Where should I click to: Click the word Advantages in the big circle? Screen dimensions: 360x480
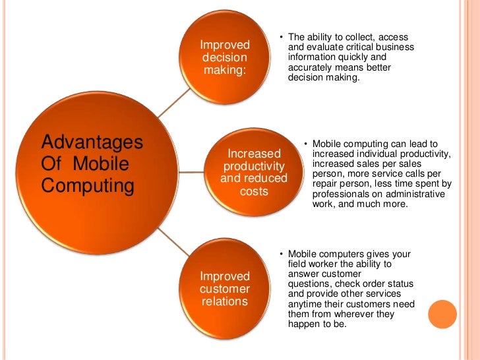pyautogui.click(x=92, y=142)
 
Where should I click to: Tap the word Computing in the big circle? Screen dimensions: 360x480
pyautogui.click(x=87, y=186)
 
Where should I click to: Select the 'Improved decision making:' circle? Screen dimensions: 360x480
pyautogui.click(x=225, y=58)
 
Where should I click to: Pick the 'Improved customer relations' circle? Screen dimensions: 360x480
pyautogui.click(x=225, y=289)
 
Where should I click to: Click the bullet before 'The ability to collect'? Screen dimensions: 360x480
pyautogui.click(x=281, y=37)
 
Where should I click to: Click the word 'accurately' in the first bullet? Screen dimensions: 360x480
pyautogui.click(x=310, y=67)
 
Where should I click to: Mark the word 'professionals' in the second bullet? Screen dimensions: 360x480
pyautogui.click(x=340, y=195)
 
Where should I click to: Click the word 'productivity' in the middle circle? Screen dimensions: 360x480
pyautogui.click(x=254, y=166)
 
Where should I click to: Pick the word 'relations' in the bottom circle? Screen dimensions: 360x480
pyautogui.click(x=225, y=302)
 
